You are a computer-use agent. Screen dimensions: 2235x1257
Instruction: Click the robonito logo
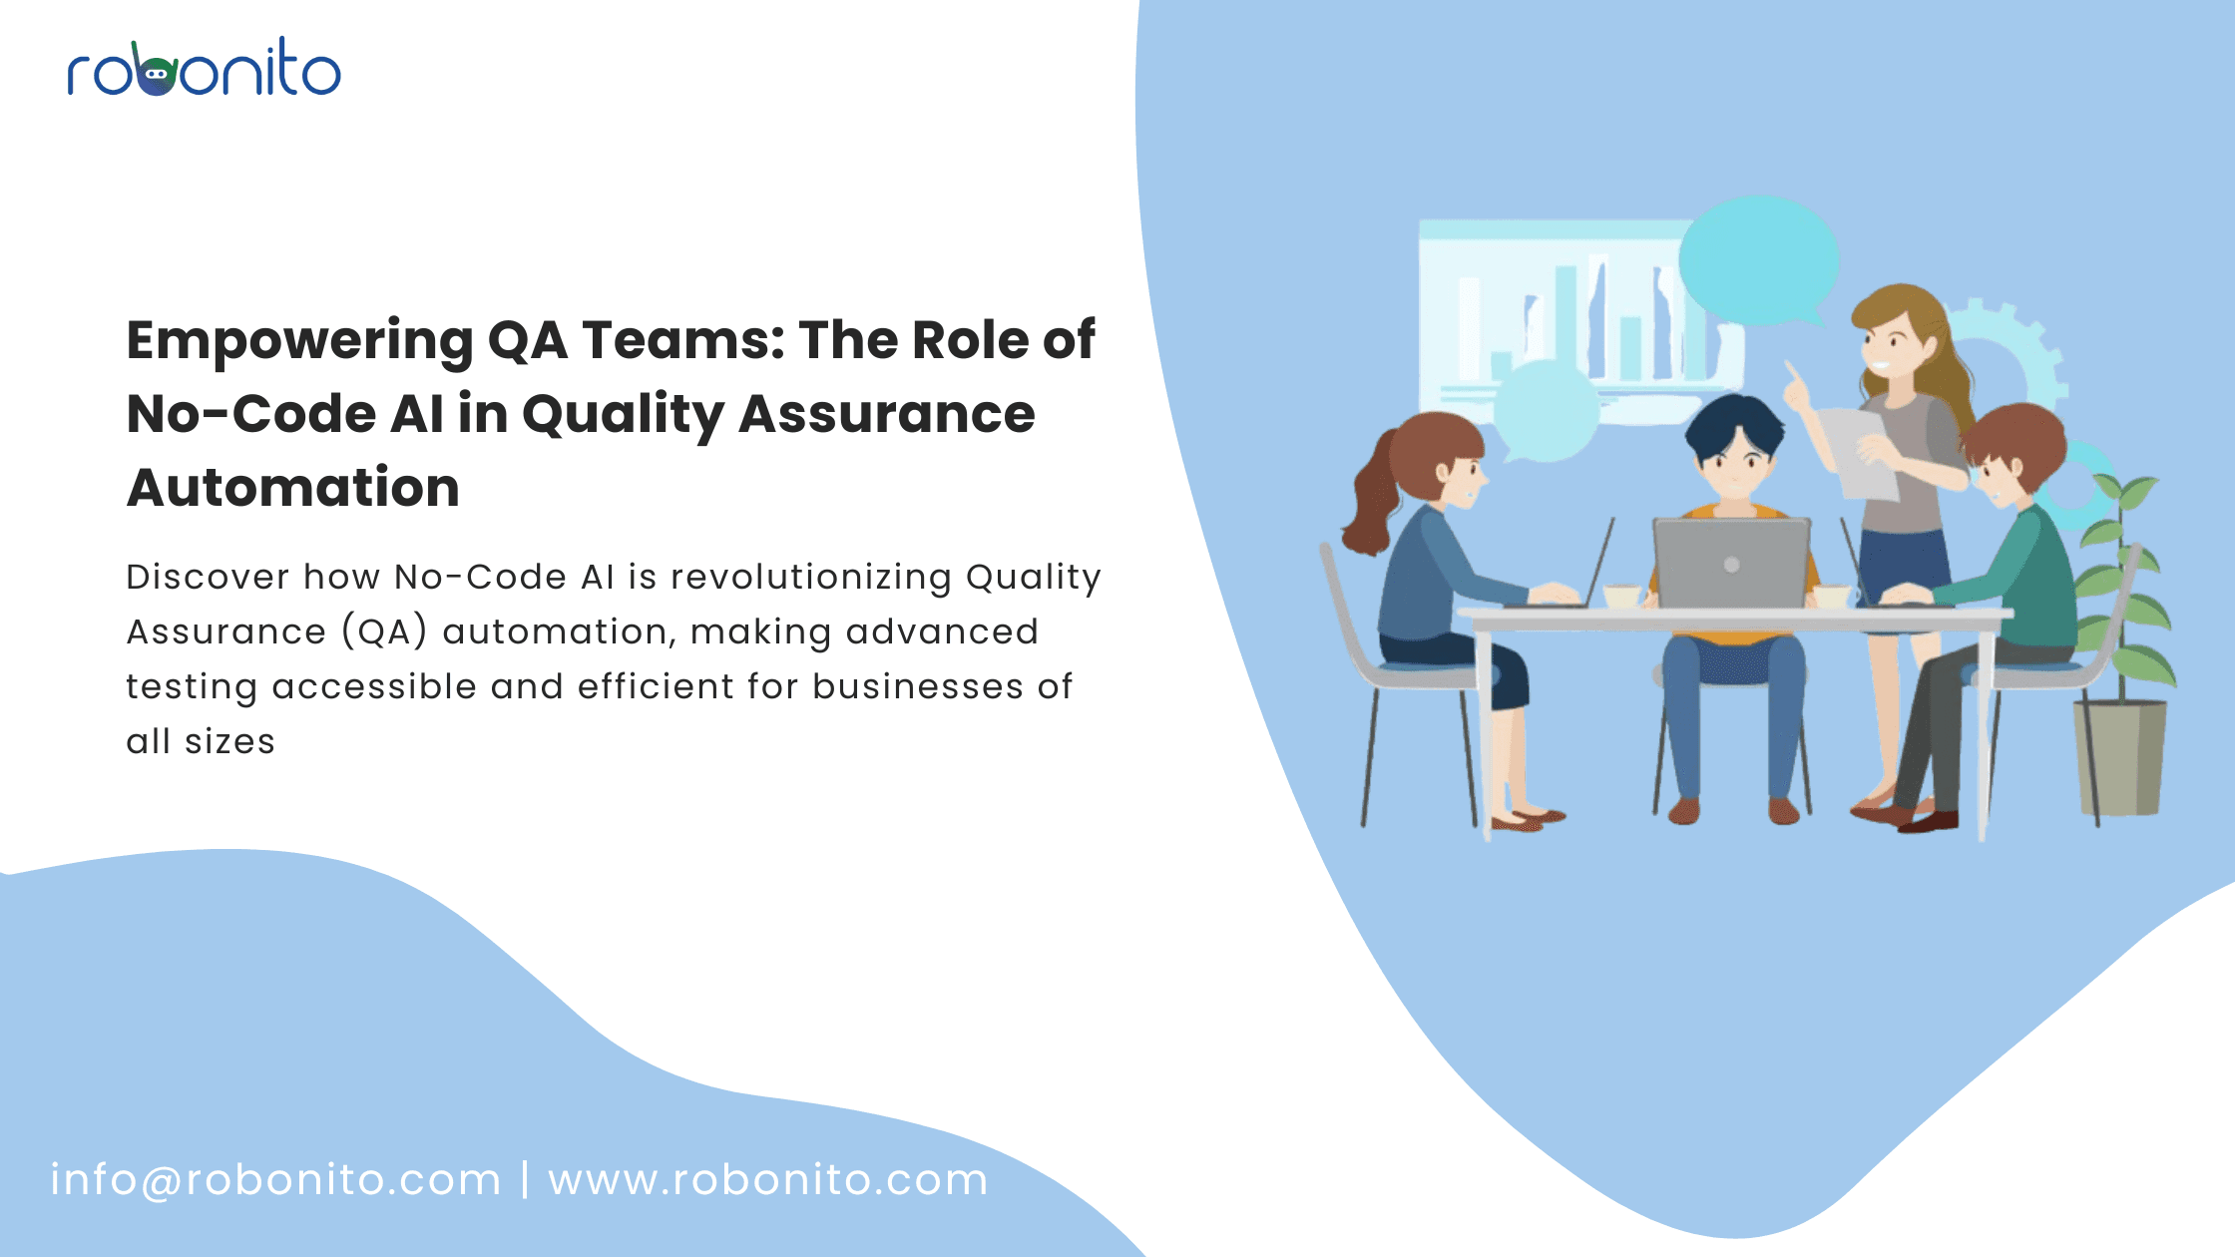coord(205,68)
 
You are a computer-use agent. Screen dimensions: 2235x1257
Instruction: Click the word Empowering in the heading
coord(299,342)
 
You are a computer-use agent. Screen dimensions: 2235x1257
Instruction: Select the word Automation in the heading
coord(293,488)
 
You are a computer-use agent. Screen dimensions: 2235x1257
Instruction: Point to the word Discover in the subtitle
coord(208,577)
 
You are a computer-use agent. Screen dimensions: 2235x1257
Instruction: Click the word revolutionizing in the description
coord(810,578)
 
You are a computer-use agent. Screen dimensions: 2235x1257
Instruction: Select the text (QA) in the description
coord(385,631)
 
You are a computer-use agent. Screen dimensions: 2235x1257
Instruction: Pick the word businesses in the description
coord(918,686)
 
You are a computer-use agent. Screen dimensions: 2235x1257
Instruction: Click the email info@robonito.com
coord(275,1180)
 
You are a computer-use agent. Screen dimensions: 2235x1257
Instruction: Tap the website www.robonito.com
coord(768,1180)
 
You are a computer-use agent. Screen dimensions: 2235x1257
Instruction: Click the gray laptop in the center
coord(1731,563)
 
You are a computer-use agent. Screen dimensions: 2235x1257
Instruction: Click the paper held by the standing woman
coord(1858,453)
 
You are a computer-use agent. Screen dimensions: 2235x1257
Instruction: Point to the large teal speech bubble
coord(1759,261)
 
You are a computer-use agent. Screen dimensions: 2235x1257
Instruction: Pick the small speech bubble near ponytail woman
coord(1545,411)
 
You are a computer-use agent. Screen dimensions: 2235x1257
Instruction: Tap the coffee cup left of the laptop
coord(1622,597)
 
